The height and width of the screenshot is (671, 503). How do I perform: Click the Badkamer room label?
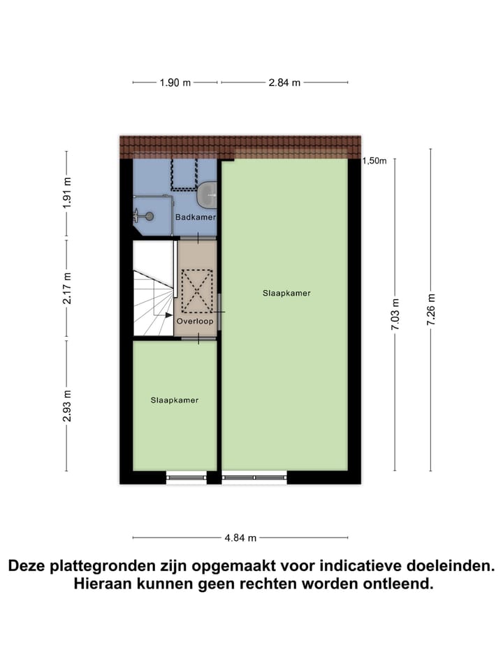[x=196, y=217]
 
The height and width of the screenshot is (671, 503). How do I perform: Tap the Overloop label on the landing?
[x=195, y=322]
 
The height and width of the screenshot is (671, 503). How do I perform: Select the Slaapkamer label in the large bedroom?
[x=286, y=293]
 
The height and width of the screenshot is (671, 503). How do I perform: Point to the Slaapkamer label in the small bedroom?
[x=175, y=401]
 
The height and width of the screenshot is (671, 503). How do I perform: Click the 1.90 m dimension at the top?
[x=175, y=82]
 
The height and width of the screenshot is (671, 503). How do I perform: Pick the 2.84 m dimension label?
[x=284, y=82]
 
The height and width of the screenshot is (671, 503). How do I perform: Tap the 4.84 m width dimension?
[x=240, y=538]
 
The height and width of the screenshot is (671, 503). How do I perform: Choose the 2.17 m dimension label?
[x=67, y=289]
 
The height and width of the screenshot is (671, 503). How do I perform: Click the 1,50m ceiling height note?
[x=374, y=161]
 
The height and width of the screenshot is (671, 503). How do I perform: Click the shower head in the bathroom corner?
[x=147, y=217]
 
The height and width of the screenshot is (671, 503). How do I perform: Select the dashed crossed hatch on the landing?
[x=196, y=289]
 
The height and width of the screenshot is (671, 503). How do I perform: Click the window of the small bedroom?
[x=187, y=478]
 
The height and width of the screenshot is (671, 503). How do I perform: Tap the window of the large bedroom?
[x=254, y=478]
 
